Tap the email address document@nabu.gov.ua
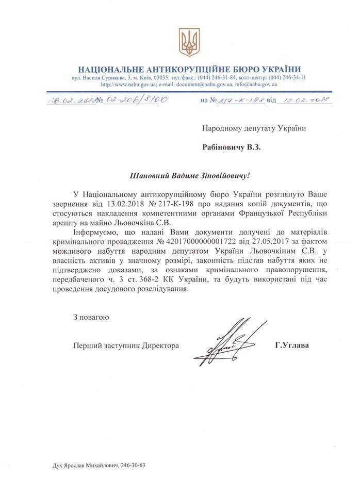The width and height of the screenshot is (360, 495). (201, 85)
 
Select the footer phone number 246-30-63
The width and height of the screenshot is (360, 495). (135, 465)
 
